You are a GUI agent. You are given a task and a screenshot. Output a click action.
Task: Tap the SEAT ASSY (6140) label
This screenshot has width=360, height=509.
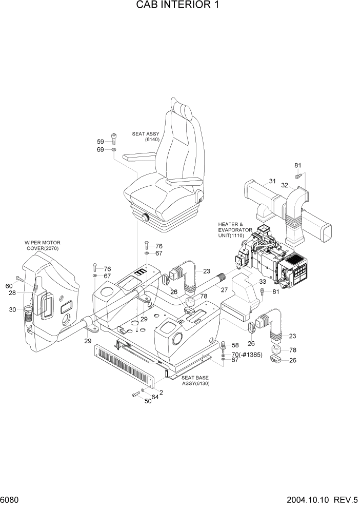pyautogui.click(x=146, y=136)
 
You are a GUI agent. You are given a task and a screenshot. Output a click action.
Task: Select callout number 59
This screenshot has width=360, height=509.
pyautogui.click(x=101, y=142)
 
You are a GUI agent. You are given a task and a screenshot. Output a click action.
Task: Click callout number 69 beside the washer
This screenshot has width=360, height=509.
pyautogui.click(x=101, y=149)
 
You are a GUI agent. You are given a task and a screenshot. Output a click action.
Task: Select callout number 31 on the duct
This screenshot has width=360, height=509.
pyautogui.click(x=272, y=181)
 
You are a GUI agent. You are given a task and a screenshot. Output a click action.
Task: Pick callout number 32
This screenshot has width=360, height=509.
pyautogui.click(x=284, y=186)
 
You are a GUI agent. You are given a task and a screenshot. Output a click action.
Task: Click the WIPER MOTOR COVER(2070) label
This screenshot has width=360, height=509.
pyautogui.click(x=43, y=245)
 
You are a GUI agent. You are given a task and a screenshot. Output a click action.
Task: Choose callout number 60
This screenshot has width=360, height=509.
pyautogui.click(x=9, y=286)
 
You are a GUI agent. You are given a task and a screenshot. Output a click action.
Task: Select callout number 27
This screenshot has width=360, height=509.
pyautogui.click(x=224, y=290)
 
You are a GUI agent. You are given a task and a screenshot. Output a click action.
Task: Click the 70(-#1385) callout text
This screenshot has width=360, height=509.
pyautogui.click(x=247, y=354)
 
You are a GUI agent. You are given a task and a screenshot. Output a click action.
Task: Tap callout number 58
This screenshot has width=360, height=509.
pyautogui.click(x=235, y=345)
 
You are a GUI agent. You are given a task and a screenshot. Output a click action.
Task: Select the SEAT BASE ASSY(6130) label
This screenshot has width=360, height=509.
pyautogui.click(x=196, y=380)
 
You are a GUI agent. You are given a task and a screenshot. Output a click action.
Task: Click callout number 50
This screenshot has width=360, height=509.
pyautogui.click(x=148, y=401)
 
